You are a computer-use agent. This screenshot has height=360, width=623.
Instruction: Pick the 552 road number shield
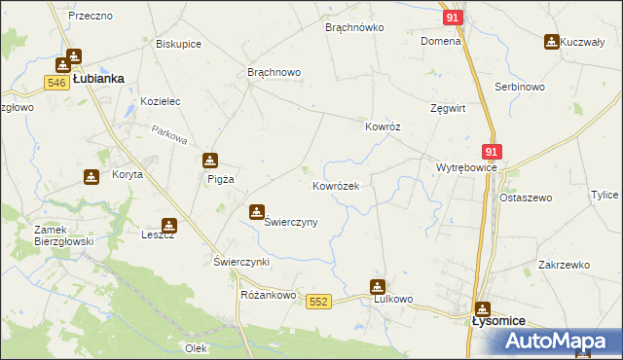click(x=317, y=302)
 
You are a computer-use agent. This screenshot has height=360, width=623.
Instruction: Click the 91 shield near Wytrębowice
click(x=491, y=152)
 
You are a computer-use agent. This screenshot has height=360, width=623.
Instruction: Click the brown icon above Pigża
click(x=209, y=161)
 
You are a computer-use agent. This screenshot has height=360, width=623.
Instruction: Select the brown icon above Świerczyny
click(x=257, y=211)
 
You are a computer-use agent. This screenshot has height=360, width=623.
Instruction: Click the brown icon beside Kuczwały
click(x=552, y=42)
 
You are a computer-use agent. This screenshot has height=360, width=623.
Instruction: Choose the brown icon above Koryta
click(x=92, y=176)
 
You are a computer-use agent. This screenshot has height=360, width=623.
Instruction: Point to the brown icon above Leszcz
click(x=169, y=225)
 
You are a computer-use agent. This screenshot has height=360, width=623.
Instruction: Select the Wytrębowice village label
click(x=466, y=167)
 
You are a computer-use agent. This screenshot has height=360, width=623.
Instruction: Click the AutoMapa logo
click(x=562, y=340)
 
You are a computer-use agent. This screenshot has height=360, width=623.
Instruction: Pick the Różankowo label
click(x=268, y=295)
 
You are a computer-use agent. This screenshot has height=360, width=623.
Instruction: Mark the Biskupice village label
click(x=178, y=43)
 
